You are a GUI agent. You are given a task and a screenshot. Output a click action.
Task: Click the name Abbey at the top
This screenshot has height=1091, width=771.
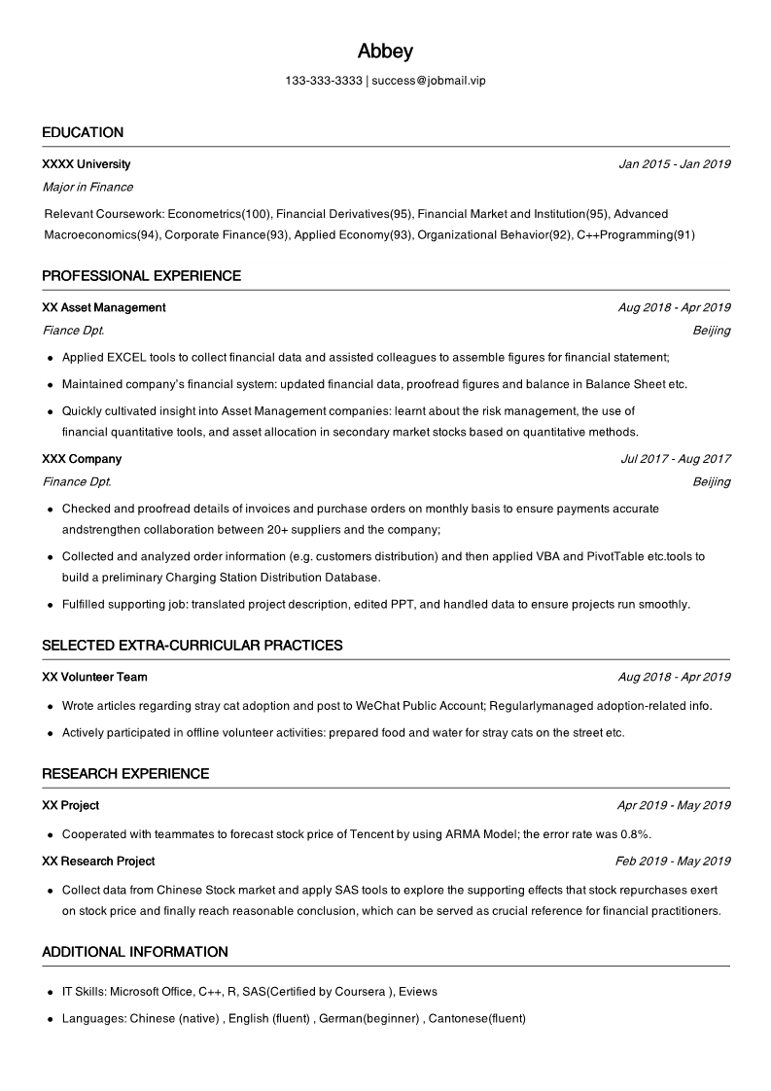(x=385, y=52)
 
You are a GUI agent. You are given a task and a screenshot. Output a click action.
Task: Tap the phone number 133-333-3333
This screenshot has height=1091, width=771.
(x=324, y=81)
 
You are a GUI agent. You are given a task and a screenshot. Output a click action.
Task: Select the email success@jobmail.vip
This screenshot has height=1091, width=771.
(x=429, y=81)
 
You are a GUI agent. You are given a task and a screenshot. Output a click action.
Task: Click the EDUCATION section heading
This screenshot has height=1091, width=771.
(x=83, y=132)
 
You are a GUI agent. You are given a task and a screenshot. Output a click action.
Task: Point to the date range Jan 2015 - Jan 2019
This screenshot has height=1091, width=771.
(x=674, y=164)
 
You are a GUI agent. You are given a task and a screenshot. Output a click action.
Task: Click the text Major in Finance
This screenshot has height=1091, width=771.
(x=88, y=187)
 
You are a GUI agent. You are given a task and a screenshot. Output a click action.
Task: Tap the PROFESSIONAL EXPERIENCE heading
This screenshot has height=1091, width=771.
(x=141, y=276)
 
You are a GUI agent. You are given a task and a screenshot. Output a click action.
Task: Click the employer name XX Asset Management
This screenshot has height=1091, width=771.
(x=104, y=307)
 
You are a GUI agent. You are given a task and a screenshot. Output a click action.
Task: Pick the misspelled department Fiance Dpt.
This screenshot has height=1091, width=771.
(x=73, y=331)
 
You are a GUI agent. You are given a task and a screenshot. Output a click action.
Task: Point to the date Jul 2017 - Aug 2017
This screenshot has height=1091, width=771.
(x=675, y=459)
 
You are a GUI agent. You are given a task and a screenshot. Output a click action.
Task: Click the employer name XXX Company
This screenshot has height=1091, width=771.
(x=82, y=459)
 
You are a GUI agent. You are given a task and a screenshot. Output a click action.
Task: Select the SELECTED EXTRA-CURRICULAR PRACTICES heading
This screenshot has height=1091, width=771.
(x=192, y=646)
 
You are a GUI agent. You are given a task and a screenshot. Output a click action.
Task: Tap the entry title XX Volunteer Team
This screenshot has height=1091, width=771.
(x=94, y=677)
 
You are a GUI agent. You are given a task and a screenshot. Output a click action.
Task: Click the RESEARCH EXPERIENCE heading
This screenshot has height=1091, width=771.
(x=125, y=774)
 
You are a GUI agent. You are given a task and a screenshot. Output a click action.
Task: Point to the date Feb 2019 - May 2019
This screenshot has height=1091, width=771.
(x=673, y=862)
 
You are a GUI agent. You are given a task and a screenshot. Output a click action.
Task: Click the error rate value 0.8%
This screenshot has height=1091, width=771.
(x=634, y=834)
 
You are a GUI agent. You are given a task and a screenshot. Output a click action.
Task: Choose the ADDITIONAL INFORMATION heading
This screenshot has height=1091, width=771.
(x=135, y=952)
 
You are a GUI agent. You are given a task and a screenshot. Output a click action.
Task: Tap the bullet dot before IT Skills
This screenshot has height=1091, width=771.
(x=51, y=992)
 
